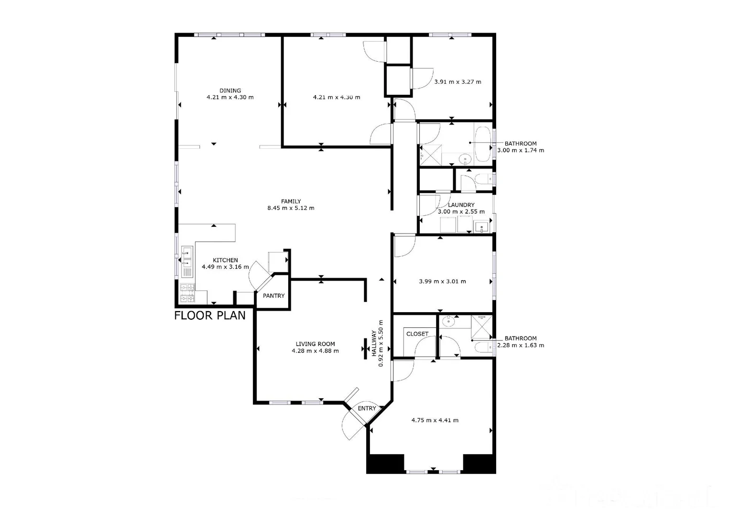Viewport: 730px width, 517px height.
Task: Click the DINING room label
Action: tap(230, 90)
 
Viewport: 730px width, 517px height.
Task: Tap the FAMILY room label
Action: tap(291, 202)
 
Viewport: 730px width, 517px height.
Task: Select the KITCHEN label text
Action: tap(225, 260)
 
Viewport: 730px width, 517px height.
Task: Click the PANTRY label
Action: tap(273, 296)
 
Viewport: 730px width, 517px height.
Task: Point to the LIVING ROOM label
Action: tap(315, 344)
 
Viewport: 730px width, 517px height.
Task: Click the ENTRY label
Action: tap(367, 408)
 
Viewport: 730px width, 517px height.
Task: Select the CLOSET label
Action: tap(417, 334)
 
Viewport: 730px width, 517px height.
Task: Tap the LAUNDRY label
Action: tap(461, 205)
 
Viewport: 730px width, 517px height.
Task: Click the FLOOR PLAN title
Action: tap(210, 315)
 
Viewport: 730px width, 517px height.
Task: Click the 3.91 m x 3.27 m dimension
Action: tap(458, 82)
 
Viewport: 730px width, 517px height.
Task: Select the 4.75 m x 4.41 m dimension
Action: tap(435, 420)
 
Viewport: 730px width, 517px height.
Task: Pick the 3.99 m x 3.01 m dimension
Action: tap(442, 281)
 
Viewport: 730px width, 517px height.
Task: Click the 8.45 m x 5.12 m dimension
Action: tap(291, 208)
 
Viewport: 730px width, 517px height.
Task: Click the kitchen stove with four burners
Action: tap(186, 293)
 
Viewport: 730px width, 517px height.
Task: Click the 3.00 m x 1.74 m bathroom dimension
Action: tap(521, 150)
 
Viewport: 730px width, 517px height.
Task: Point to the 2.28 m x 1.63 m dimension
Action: tap(521, 345)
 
